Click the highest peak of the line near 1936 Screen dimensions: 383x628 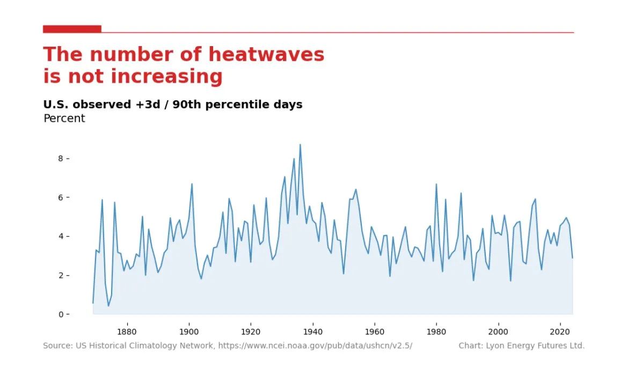[300, 144]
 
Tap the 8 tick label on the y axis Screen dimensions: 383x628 [61, 159]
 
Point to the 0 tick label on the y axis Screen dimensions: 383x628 [61, 314]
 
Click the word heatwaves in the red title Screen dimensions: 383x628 [266, 55]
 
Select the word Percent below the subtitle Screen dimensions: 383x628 [64, 119]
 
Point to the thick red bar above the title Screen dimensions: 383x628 [72, 29]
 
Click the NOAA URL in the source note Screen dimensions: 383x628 [315, 346]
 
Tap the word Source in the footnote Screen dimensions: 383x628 [56, 346]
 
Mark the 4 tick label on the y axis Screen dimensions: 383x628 [61, 237]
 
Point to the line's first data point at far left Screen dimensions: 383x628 [93, 303]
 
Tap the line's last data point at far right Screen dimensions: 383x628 [572, 258]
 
